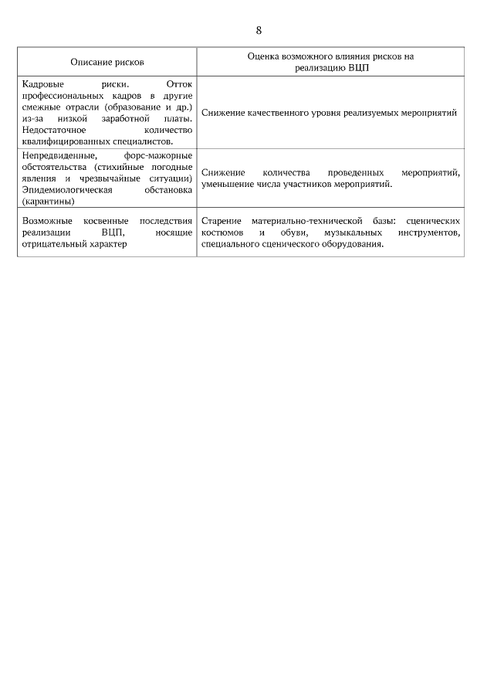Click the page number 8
click(259, 30)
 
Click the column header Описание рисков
click(107, 61)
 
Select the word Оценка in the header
click(263, 56)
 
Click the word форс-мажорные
click(158, 156)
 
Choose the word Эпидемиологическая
click(68, 190)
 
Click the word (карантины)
click(49, 201)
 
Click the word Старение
click(221, 221)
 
